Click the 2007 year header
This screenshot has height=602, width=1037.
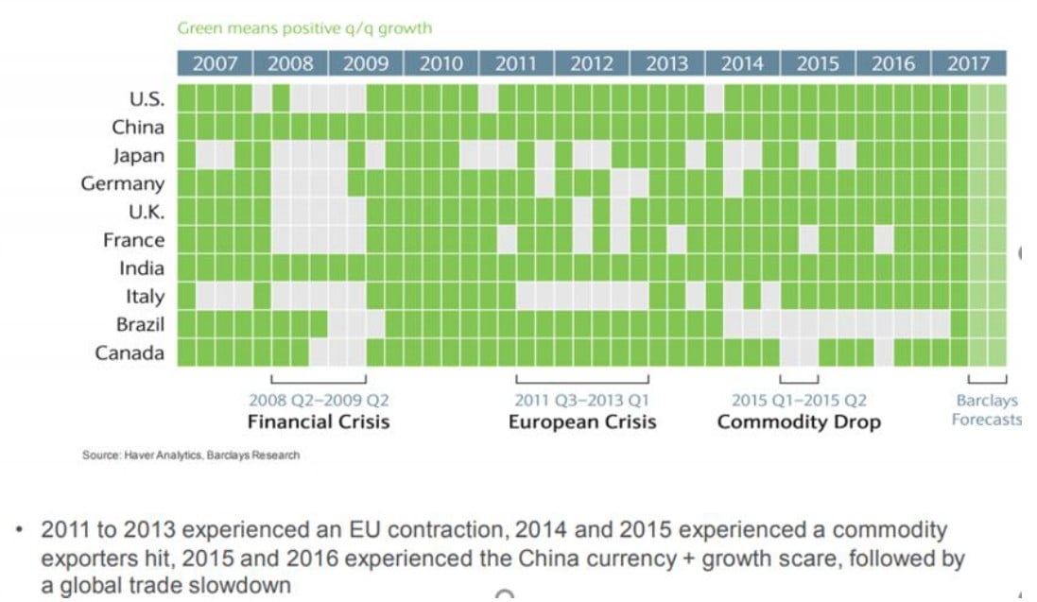pos(215,64)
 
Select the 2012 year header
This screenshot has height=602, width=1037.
pos(592,64)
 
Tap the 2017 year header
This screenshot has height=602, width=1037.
pos(968,64)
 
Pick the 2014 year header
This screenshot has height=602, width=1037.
pos(742,64)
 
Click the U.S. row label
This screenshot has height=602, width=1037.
pos(146,98)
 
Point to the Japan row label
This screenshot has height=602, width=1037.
pos(139,155)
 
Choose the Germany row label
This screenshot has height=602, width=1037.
pos(123,183)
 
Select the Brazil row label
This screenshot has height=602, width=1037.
pos(139,324)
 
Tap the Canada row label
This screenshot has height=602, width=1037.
pos(130,353)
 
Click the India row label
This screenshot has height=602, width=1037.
pos(142,267)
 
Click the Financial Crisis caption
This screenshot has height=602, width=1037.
pos(319,421)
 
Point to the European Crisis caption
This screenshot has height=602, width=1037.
pos(582,421)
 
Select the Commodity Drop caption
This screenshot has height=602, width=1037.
pos(799,421)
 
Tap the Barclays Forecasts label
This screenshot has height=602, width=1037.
pos(986,410)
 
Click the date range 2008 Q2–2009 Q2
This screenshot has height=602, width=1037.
pos(319,401)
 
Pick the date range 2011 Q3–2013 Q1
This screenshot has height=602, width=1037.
pos(582,401)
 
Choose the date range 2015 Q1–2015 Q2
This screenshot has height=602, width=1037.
pos(799,401)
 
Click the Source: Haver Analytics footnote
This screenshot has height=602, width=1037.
pos(191,456)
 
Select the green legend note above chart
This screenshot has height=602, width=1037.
pos(304,28)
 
